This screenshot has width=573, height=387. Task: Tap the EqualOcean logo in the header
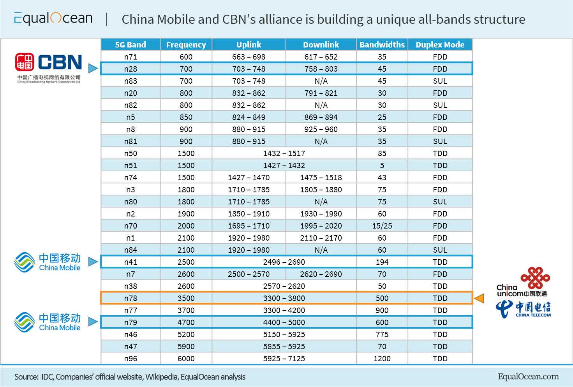[53, 18]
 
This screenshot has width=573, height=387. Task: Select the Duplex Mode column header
[440, 45]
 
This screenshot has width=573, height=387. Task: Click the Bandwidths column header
[382, 45]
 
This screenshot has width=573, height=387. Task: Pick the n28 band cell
[130, 69]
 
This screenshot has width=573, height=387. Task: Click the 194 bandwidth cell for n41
[382, 262]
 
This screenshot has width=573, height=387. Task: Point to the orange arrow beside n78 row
[479, 298]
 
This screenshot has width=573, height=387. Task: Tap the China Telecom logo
[523, 309]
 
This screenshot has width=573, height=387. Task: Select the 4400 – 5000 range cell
[284, 322]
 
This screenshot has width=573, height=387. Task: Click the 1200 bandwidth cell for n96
[382, 359]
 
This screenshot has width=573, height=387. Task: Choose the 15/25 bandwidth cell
[382, 226]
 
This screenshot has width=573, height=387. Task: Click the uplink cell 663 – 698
[249, 57]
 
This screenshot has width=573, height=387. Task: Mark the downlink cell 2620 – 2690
[321, 274]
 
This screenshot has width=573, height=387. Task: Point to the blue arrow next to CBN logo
[93, 69]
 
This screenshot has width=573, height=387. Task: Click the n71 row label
[130, 57]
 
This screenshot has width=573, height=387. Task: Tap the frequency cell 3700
[186, 310]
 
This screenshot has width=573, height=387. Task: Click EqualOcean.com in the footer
[528, 376]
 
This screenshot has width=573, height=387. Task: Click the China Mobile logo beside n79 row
[48, 322]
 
